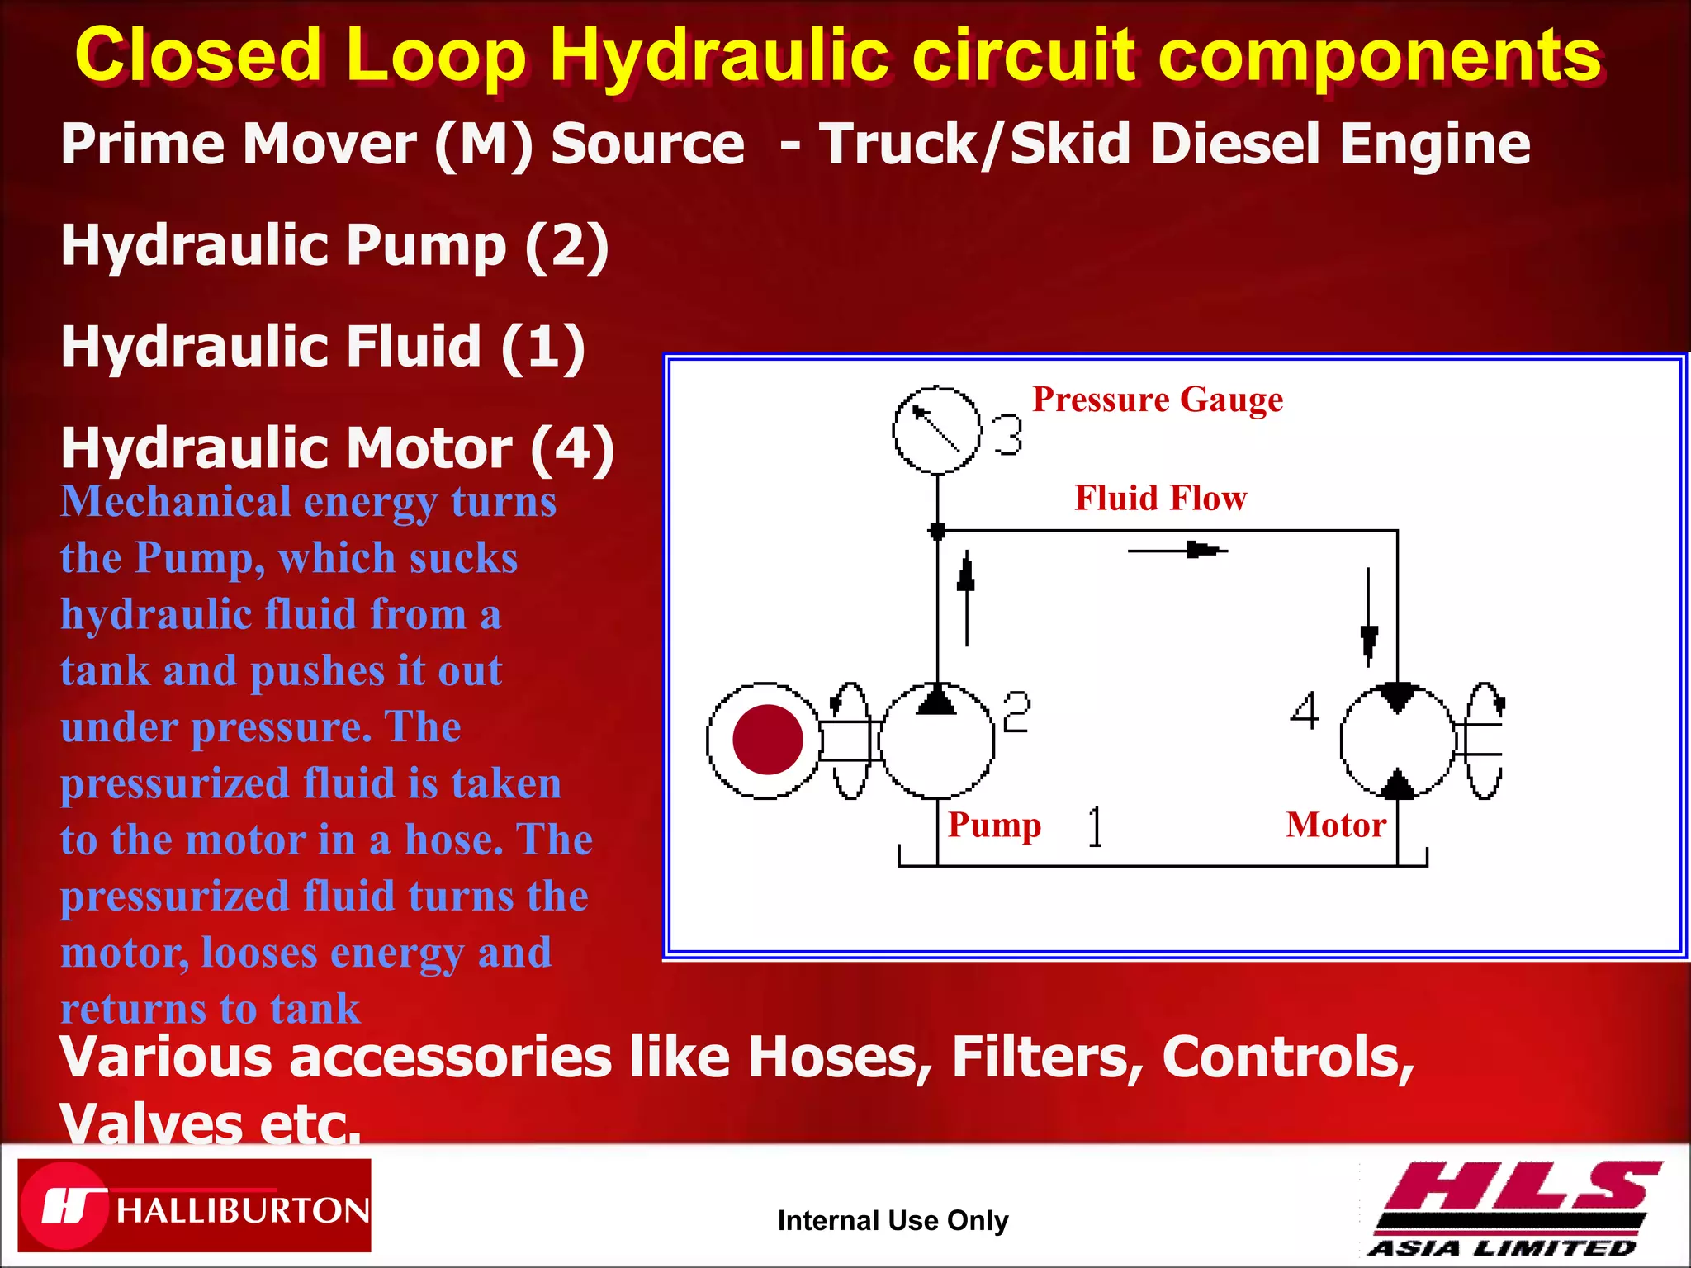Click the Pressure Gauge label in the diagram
coord(1158,400)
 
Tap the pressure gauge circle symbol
coord(936,430)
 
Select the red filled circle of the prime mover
coord(767,740)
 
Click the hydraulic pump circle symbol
coord(936,741)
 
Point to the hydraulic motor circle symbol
coord(1397,741)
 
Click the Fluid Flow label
coord(1160,499)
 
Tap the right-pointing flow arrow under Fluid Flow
coord(1179,550)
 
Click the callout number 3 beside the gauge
coord(1007,435)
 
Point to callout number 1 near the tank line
coord(1095,826)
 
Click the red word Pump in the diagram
coord(994,825)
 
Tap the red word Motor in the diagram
coord(1335,826)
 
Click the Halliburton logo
coord(194,1205)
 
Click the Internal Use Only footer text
coord(893,1220)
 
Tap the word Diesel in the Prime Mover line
coord(1239,144)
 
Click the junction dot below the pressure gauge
coord(936,531)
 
